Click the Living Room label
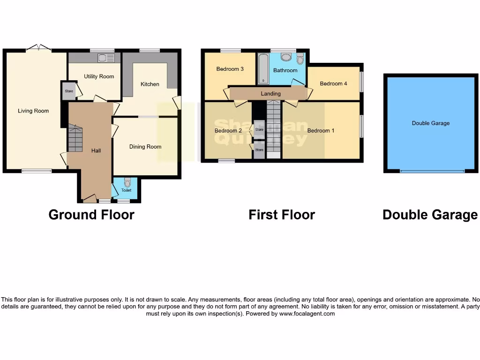pos(33,111)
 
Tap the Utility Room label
pos(99,76)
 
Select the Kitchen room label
pos(150,84)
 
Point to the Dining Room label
pos(145,147)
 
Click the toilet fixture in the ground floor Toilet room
pos(127,183)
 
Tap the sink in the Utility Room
pos(103,58)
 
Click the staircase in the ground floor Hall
pos(75,138)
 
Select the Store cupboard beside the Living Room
pos(69,91)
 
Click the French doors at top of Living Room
pos(38,47)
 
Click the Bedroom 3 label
pos(230,69)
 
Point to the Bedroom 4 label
pos(333,84)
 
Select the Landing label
pos(270,94)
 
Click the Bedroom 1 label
pos(321,131)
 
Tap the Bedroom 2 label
pos(228,131)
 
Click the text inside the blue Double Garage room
pos(430,123)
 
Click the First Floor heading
pos(281,215)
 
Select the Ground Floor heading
pos(91,215)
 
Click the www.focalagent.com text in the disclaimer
pos(307,314)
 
